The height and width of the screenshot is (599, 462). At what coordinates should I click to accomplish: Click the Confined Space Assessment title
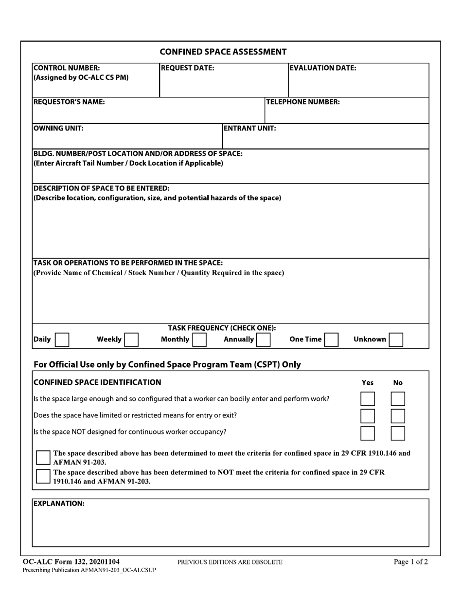point(223,52)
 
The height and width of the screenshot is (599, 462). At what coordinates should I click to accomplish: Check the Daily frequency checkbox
point(62,339)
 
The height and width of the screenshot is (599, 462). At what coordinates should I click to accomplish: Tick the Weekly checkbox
point(131,339)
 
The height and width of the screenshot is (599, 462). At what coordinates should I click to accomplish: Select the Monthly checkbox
point(199,339)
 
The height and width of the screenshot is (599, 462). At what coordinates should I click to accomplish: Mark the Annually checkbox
point(263,339)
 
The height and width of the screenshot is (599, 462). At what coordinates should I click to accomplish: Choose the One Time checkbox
point(331,339)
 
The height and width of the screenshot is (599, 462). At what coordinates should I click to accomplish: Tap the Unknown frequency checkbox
point(396,339)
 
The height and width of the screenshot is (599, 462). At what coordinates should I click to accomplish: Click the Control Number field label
point(67,68)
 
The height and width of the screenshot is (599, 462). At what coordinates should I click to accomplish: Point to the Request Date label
point(187,68)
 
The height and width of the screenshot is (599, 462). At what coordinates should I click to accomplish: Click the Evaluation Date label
point(323,68)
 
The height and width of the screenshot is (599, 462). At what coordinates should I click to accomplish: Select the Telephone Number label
point(303,102)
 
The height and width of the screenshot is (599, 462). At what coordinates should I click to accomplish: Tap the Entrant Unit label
point(250,129)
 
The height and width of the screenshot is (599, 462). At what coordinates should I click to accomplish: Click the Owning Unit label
point(58,129)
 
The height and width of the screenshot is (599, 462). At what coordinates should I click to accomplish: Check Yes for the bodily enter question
point(368,399)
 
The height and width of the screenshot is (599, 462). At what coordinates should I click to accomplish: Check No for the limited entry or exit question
point(398,416)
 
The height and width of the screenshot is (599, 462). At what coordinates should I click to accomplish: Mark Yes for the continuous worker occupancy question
point(368,433)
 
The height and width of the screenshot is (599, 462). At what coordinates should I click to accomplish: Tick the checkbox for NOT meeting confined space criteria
point(43,476)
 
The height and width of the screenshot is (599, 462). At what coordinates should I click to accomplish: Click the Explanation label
point(59,504)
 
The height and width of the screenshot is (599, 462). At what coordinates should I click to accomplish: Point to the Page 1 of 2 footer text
point(411,562)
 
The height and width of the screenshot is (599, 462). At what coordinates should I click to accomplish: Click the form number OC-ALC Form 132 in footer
point(71,562)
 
